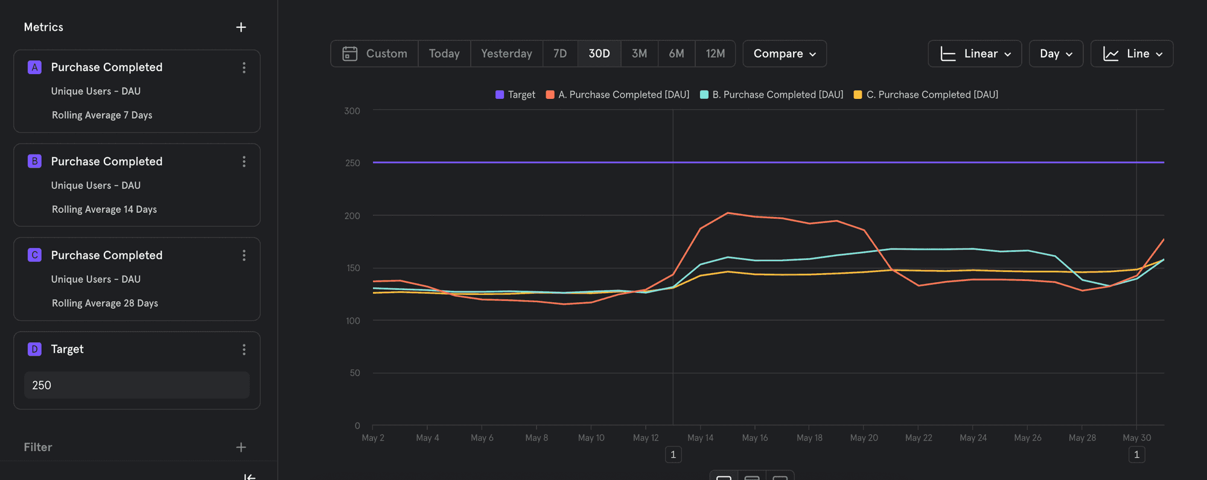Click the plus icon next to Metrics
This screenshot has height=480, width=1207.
coord(241,27)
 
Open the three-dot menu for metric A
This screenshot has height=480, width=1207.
coord(244,68)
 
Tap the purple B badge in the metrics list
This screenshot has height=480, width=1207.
coord(34,161)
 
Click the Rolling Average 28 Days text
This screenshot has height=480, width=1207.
coord(104,303)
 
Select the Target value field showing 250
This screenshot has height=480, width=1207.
coord(136,385)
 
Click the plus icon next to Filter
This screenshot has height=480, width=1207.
coord(241,447)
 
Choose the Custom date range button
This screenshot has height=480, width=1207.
coord(375,54)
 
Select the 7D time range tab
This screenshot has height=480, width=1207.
coord(560,54)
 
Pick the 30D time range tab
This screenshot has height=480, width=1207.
coord(599,54)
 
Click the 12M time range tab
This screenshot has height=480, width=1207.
coord(715,54)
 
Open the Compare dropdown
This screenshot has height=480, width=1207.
coord(784,54)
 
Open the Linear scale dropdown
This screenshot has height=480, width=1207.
coord(974,54)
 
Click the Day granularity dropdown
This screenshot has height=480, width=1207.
coord(1056,54)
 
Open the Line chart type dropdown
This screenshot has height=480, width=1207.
coord(1132,54)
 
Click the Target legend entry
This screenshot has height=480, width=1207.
coord(515,95)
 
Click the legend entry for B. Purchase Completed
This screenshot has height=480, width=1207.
coord(771,95)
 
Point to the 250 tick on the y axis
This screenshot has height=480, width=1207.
coord(352,163)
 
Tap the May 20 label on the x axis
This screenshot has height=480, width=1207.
coord(864,438)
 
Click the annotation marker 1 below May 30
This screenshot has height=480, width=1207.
coord(1136,455)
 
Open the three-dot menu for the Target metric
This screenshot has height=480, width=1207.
coord(244,350)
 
